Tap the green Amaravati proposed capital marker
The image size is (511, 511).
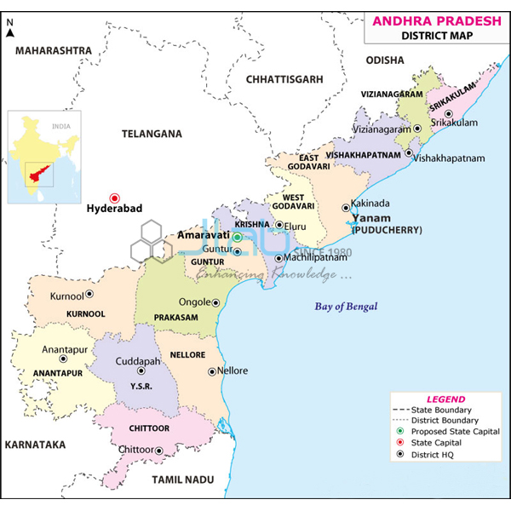tap(238, 238)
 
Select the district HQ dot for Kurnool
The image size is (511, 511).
tap(89, 295)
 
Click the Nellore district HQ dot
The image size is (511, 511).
tap(212, 371)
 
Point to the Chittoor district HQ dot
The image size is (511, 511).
tap(158, 449)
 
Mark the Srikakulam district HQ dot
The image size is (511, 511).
tap(448, 113)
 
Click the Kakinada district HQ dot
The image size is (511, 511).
tap(345, 206)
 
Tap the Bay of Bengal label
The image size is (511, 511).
tap(345, 307)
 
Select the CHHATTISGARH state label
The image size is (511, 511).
tap(284, 78)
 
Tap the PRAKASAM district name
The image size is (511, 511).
tap(175, 317)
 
